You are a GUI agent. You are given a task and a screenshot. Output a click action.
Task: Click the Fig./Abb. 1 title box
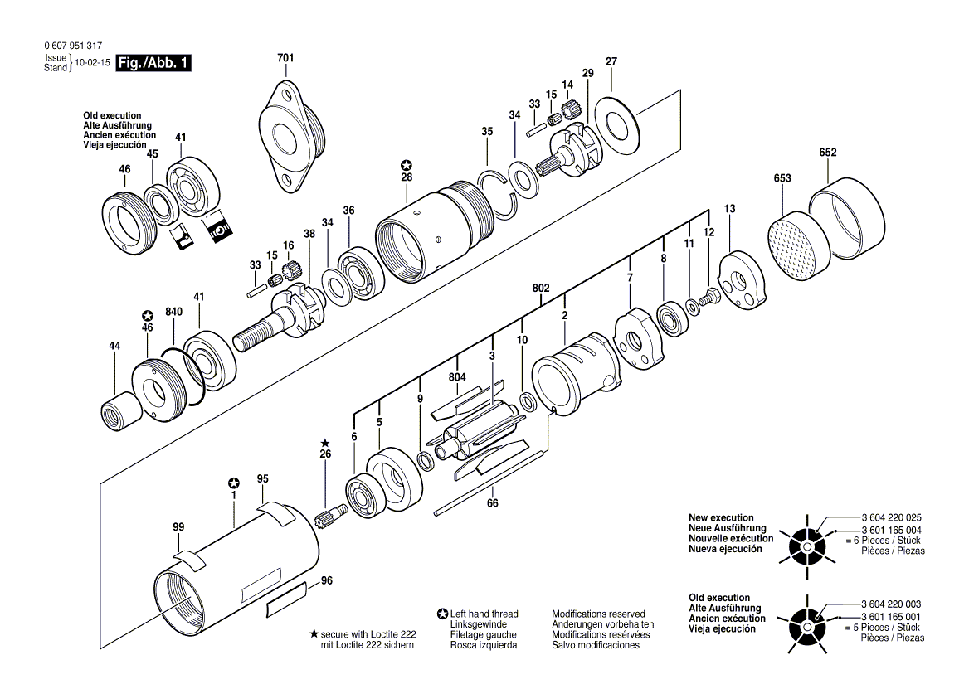point(153,63)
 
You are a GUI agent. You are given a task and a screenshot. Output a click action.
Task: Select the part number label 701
point(285,58)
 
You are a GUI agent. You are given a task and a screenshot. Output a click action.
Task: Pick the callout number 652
point(827,153)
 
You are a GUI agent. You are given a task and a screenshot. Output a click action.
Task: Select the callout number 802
point(541,288)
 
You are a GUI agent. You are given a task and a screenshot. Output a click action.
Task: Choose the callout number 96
point(326,581)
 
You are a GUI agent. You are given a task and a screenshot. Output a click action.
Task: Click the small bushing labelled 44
point(115,410)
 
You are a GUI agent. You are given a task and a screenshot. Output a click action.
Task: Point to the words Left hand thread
point(484,614)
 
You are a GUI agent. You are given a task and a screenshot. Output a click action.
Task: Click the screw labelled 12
point(708,295)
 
